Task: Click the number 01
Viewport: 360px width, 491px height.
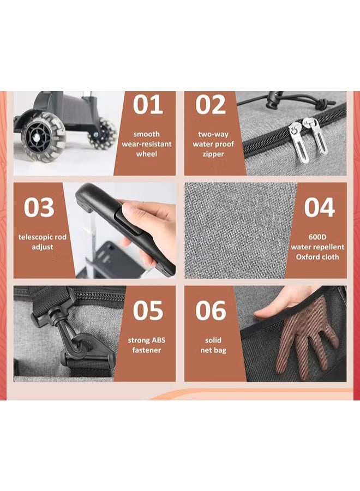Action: point(148,105)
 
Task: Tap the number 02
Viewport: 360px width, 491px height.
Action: point(211,105)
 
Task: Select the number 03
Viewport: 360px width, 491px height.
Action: point(39,207)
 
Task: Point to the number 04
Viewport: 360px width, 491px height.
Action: point(320,207)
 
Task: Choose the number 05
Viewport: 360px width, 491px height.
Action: point(148,310)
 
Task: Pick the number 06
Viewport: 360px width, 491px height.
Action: point(211,310)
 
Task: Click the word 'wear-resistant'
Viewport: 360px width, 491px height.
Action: point(147,144)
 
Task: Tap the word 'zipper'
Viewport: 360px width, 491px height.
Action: point(213,154)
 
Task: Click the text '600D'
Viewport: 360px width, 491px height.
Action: point(317,237)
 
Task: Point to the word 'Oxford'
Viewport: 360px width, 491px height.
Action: point(307,257)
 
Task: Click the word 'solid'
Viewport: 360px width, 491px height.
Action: point(213,340)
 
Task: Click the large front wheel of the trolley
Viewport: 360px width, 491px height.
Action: point(43,137)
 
